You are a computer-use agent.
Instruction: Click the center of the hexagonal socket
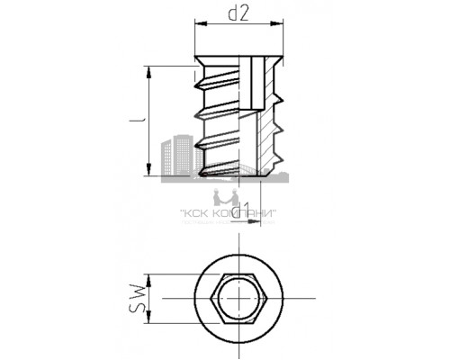240,299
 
